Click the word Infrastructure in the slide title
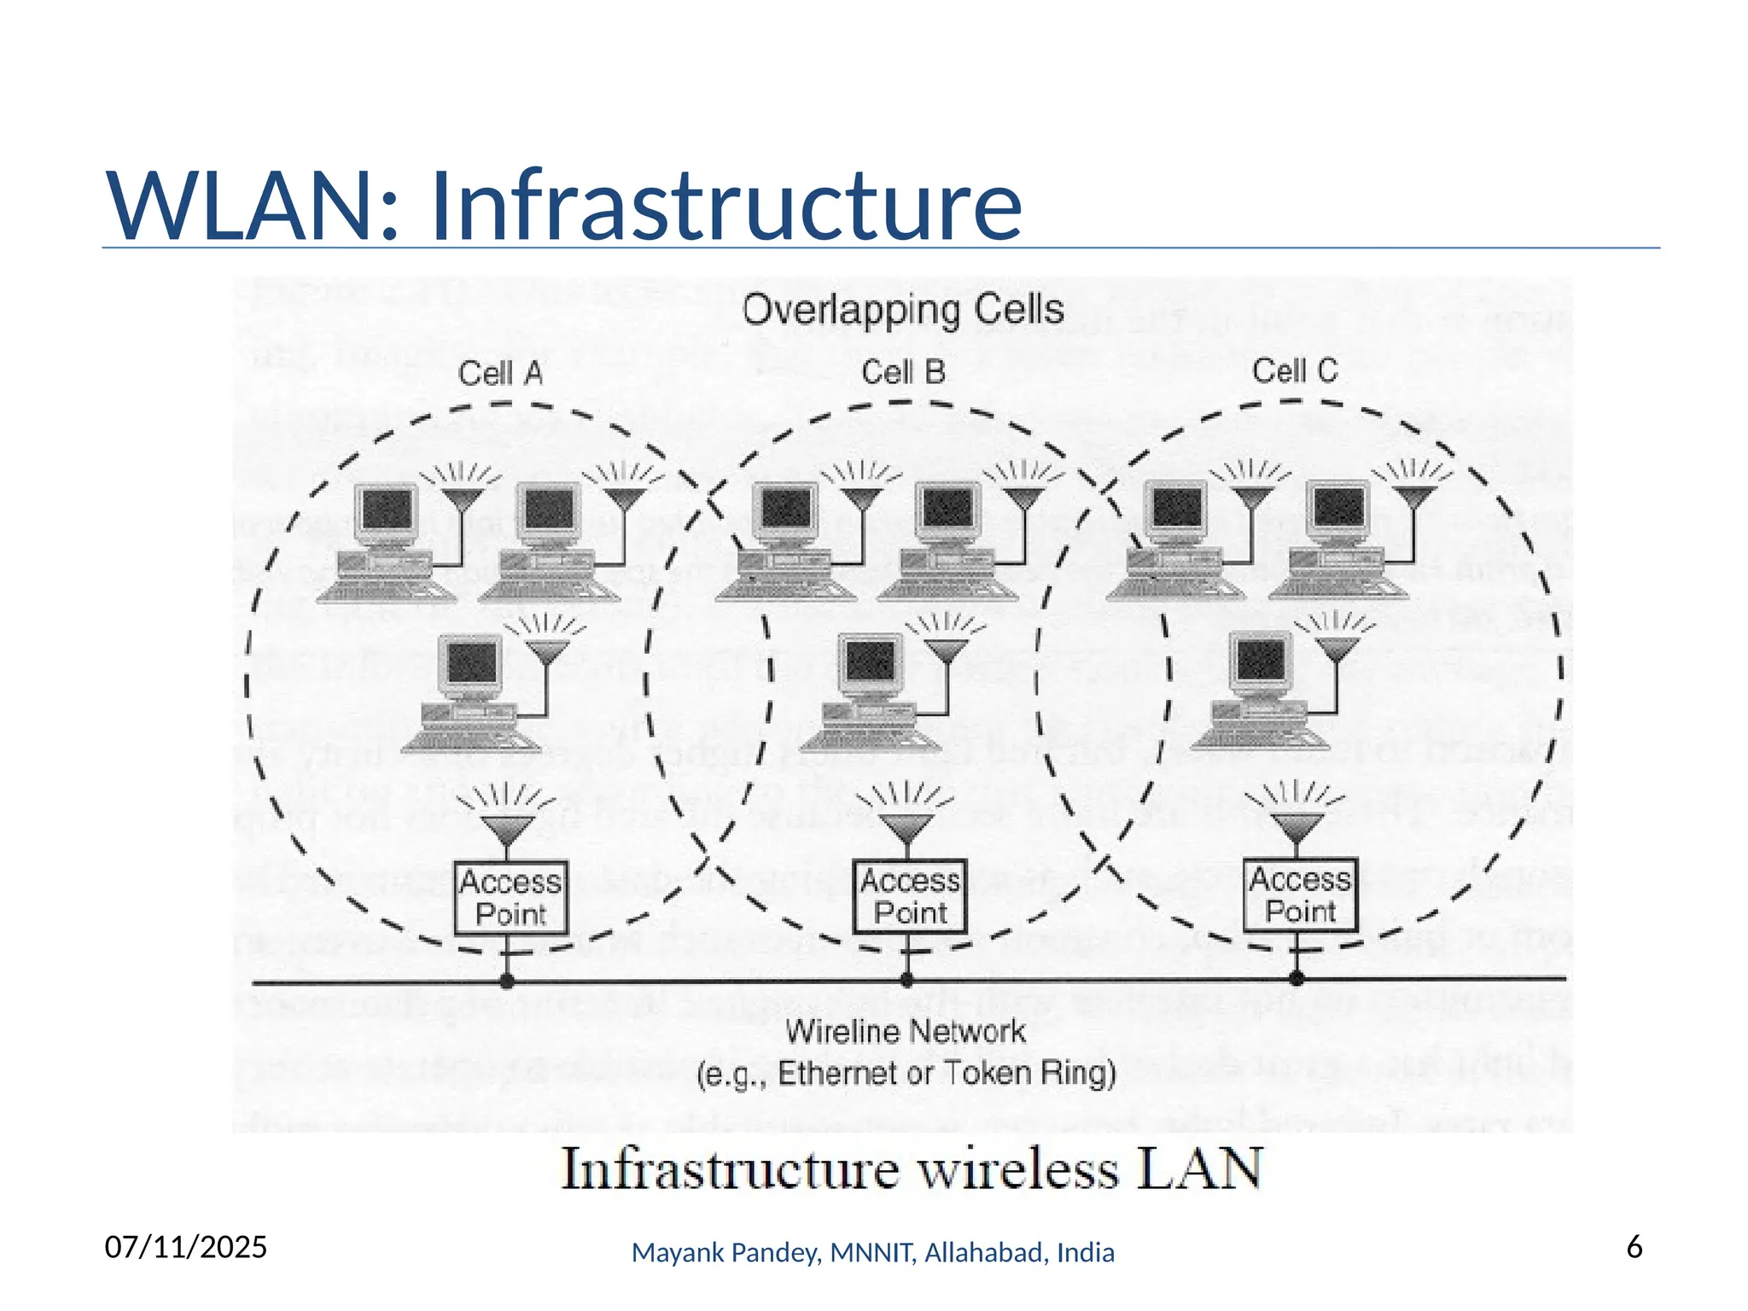click(x=725, y=207)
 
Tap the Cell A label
click(x=500, y=373)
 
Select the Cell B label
click(x=903, y=372)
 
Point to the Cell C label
click(x=1294, y=371)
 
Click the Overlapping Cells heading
click(x=903, y=309)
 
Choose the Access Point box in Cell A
click(x=510, y=897)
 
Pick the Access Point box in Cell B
click(x=910, y=895)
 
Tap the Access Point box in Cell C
click(x=1299, y=894)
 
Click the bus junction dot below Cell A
click(x=507, y=982)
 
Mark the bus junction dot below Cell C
click(x=1296, y=978)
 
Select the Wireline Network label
click(x=906, y=1032)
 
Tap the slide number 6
click(x=1634, y=1247)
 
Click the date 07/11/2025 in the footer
click(x=186, y=1247)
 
